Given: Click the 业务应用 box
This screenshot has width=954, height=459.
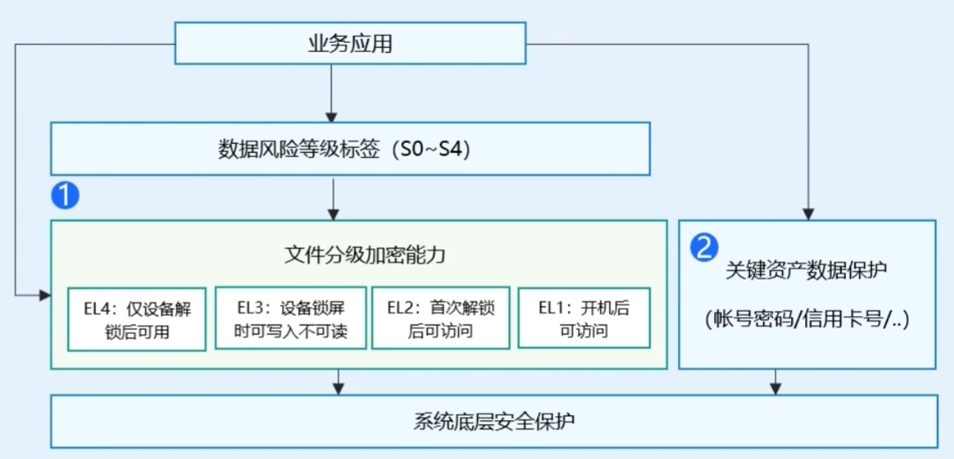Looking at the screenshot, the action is (x=351, y=43).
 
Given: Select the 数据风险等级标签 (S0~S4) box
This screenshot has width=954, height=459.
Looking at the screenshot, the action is (x=351, y=149).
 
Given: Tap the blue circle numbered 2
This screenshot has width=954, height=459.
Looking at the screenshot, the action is (x=704, y=248).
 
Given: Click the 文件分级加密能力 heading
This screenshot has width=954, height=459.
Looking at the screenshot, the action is (x=365, y=256).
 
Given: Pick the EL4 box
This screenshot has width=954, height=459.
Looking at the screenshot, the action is (x=137, y=319).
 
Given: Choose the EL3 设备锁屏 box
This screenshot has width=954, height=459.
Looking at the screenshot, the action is (x=291, y=318).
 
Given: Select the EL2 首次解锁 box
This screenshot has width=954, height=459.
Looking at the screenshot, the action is (x=441, y=318).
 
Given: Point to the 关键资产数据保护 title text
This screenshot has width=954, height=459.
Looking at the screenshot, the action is (x=808, y=270).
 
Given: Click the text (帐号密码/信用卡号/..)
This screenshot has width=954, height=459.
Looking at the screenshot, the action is (x=808, y=319).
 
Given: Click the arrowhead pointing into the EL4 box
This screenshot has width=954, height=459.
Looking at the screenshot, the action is (x=45, y=295).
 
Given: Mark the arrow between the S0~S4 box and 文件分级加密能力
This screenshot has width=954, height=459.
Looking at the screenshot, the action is (x=333, y=198).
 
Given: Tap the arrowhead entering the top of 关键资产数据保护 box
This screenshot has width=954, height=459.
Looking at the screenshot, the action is (x=808, y=214).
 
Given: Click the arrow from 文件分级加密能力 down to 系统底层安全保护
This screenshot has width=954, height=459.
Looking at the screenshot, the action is (x=339, y=382).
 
